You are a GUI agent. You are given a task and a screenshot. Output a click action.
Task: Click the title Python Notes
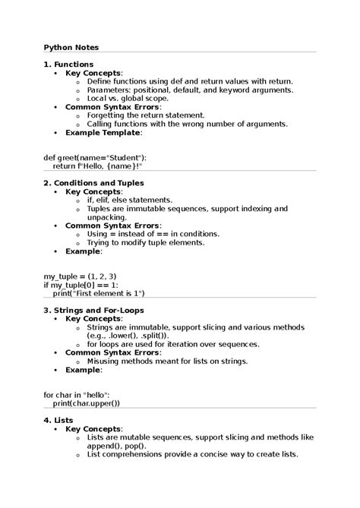tap(71, 47)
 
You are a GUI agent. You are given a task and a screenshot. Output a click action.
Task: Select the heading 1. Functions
tap(68, 65)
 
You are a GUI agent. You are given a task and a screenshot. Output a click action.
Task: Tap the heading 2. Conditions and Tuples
tap(93, 183)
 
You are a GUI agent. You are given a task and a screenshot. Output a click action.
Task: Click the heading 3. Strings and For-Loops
tap(93, 310)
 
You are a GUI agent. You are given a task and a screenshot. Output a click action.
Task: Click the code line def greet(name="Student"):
tap(95, 157)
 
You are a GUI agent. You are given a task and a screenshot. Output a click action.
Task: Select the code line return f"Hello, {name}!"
tap(97, 166)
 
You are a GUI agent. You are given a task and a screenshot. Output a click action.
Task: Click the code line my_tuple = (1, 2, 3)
tap(80, 276)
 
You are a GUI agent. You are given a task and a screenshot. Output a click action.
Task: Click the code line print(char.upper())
tap(87, 403)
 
